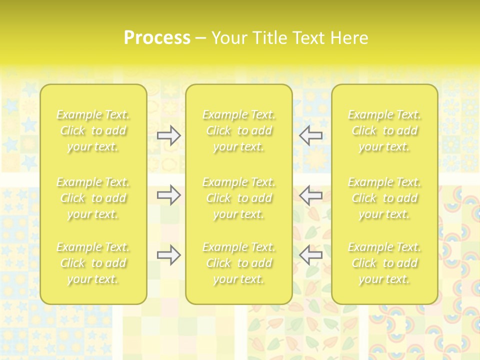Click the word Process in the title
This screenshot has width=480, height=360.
point(157,38)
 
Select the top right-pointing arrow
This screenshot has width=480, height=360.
point(169,135)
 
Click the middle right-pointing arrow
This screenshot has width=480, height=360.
point(169,194)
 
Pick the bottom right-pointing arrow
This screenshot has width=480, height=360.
point(169,255)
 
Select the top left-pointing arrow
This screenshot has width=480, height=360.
point(310,135)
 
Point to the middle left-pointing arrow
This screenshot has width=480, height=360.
point(310,194)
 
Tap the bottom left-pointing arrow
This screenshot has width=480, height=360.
point(310,255)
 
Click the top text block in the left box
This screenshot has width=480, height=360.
point(93,130)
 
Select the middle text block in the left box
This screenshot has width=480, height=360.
point(93,198)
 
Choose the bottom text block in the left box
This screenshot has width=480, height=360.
point(93,263)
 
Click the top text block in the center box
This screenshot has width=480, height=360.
point(239,130)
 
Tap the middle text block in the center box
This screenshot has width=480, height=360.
point(239,198)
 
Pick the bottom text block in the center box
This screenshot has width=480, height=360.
point(239,263)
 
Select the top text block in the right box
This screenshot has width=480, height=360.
point(384,130)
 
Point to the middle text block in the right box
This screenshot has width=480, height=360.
point(384,198)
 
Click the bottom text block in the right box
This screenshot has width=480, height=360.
point(384,263)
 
